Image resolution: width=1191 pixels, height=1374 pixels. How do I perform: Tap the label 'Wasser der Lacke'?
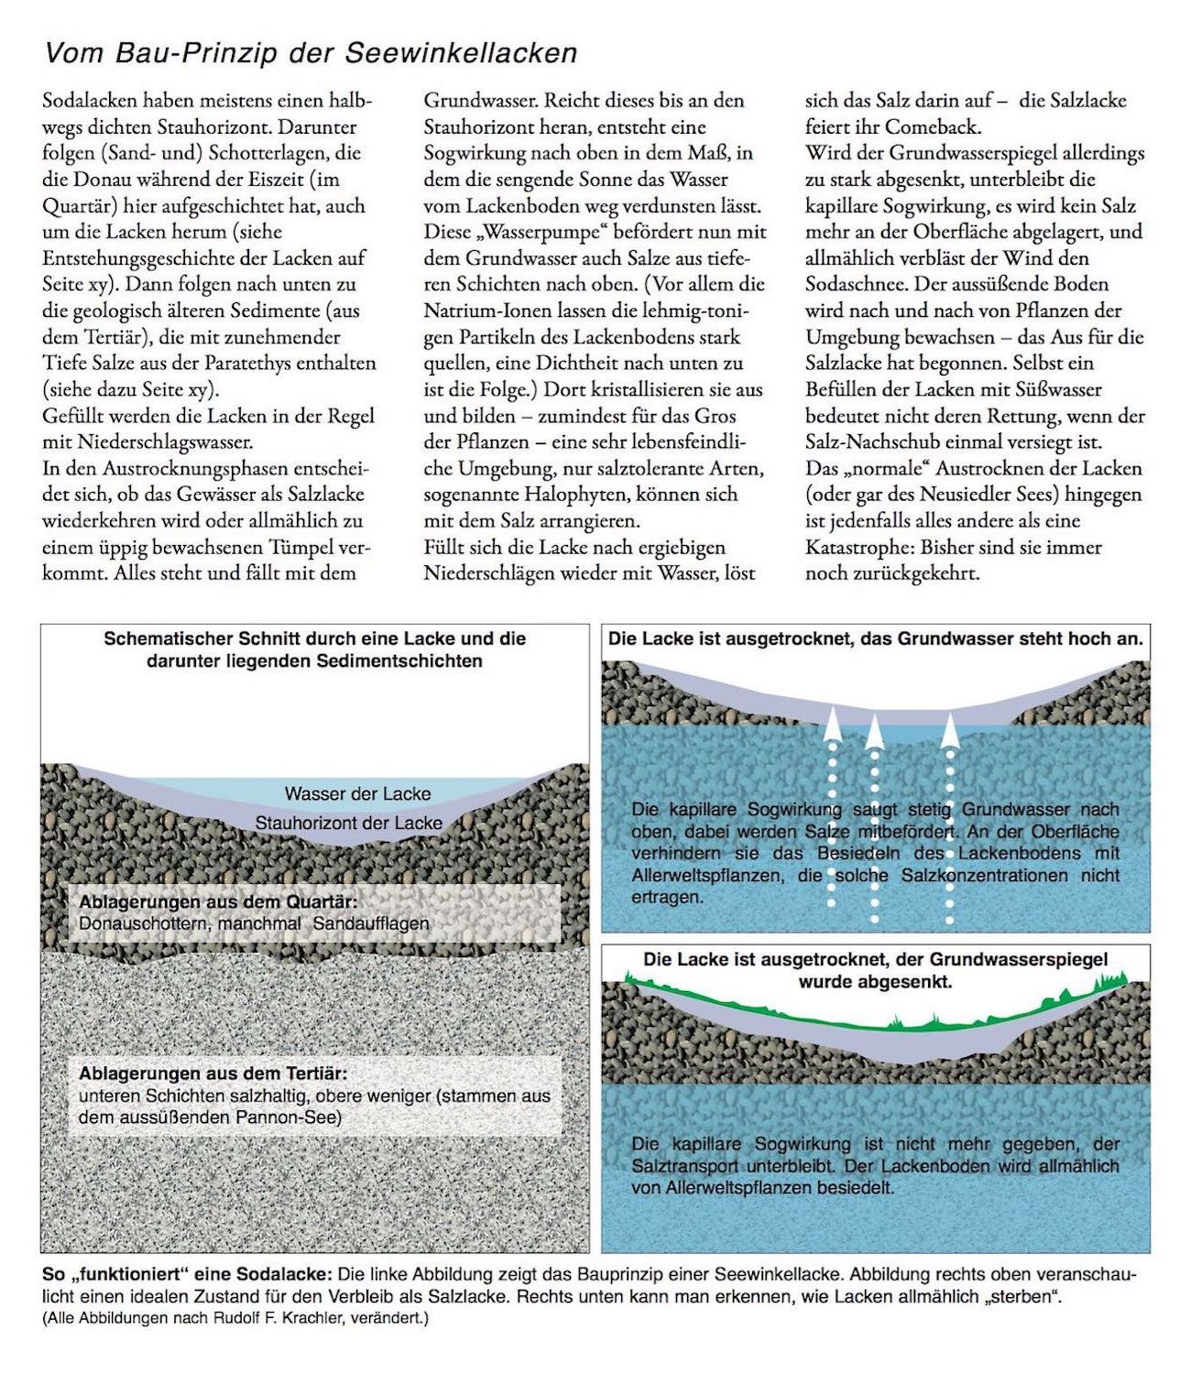tap(357, 793)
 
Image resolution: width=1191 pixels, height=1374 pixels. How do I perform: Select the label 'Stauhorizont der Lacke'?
tap(348, 823)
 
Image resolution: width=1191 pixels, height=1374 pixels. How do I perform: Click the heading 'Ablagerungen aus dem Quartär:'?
tap(217, 901)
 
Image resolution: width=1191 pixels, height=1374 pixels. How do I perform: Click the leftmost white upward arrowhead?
tap(832, 723)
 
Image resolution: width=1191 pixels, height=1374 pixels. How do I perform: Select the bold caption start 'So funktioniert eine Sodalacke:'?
tap(187, 1275)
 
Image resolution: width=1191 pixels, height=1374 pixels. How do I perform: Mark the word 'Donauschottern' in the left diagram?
tap(145, 923)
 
